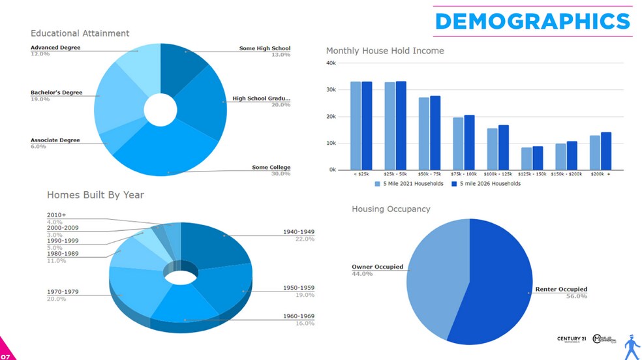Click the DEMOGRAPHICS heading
coord(532,22)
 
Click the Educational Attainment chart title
coord(80,33)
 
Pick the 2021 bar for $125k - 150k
coord(527,158)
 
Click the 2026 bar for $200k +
coord(606,151)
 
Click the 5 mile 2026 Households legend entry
coord(489,184)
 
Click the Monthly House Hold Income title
coord(385,51)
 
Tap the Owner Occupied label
coord(377,267)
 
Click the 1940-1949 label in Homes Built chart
coord(298,232)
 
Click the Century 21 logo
coord(572,339)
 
